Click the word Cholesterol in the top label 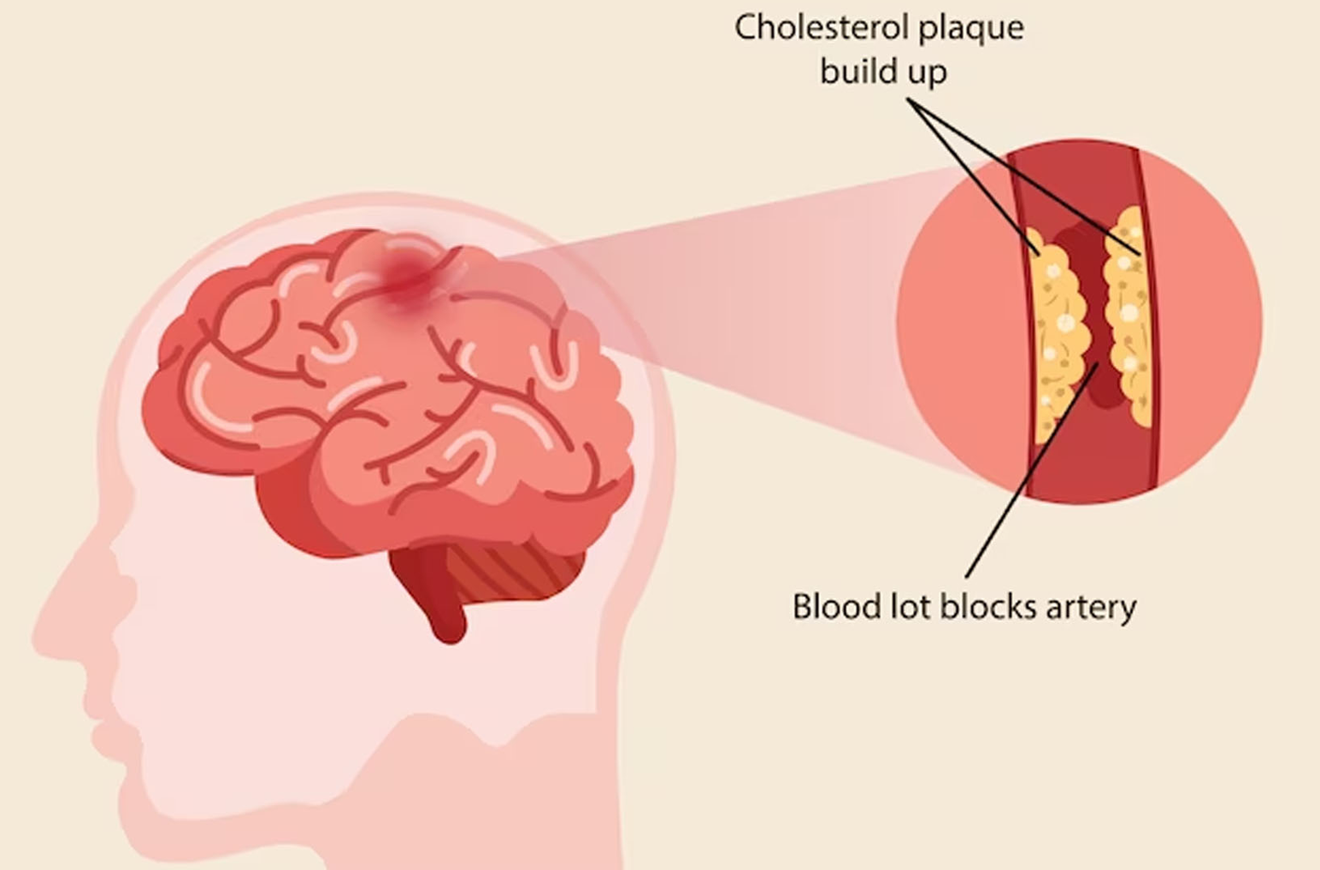[x=822, y=27]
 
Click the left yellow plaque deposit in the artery [x=1059, y=336]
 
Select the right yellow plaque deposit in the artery [x=1128, y=315]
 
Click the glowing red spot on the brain [x=409, y=273]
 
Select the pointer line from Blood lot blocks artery [x=1032, y=470]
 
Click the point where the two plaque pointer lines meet [x=909, y=99]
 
